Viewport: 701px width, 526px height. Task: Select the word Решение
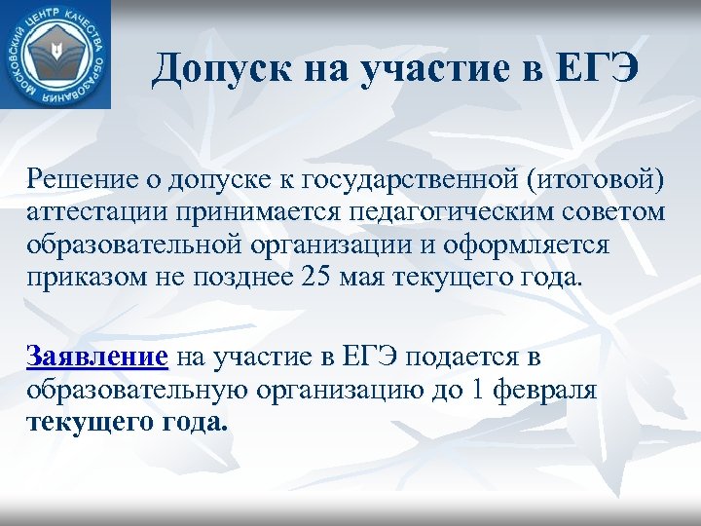pos(80,181)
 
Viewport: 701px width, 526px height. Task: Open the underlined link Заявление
pos(97,357)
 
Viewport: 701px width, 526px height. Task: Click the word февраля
pos(552,390)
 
